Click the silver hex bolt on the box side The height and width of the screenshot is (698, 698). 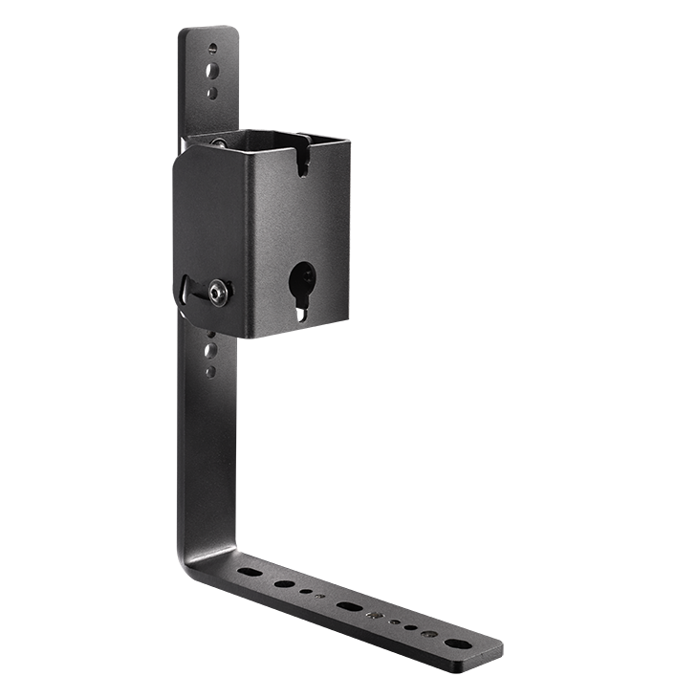[x=219, y=294]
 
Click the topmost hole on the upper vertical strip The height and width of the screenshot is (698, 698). [x=212, y=48]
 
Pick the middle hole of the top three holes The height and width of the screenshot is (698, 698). [x=212, y=70]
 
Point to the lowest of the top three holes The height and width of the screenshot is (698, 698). [x=212, y=93]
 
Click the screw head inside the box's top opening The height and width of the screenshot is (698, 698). [x=219, y=142]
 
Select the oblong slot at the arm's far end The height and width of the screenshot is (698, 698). [x=458, y=643]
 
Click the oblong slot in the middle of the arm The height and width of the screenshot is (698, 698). [x=348, y=606]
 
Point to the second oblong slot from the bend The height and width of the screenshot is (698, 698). [x=284, y=583]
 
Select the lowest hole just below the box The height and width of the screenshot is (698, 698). [x=209, y=371]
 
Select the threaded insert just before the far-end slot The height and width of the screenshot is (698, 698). [x=427, y=632]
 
